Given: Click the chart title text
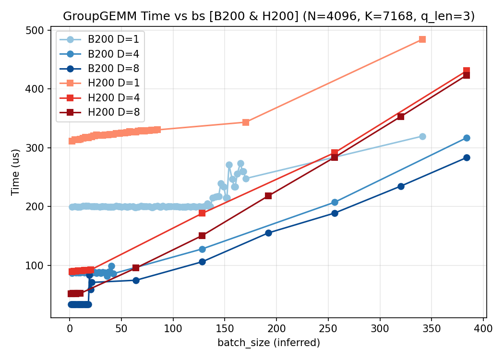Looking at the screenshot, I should click(x=269, y=16).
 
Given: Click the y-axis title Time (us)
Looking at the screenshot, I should click(x=15, y=174).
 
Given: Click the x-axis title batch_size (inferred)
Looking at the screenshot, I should click(x=269, y=343).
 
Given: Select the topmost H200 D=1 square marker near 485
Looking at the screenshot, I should click(x=422, y=39).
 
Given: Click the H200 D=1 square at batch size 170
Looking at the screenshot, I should click(x=246, y=122).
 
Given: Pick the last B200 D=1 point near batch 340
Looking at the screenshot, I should click(x=422, y=136).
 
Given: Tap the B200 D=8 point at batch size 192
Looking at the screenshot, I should click(x=268, y=233).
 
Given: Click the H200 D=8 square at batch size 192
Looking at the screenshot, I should click(x=268, y=196).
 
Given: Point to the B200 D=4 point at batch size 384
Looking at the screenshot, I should click(x=467, y=138).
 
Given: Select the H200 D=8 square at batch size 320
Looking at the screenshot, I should click(x=401, y=117).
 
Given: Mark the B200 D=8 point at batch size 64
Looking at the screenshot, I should click(x=136, y=280).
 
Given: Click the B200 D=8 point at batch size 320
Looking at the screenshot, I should click(x=401, y=186).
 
